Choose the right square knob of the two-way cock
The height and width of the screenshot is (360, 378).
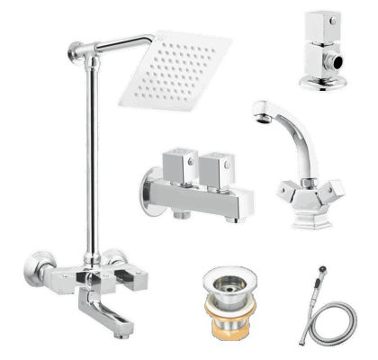click(217, 165)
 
